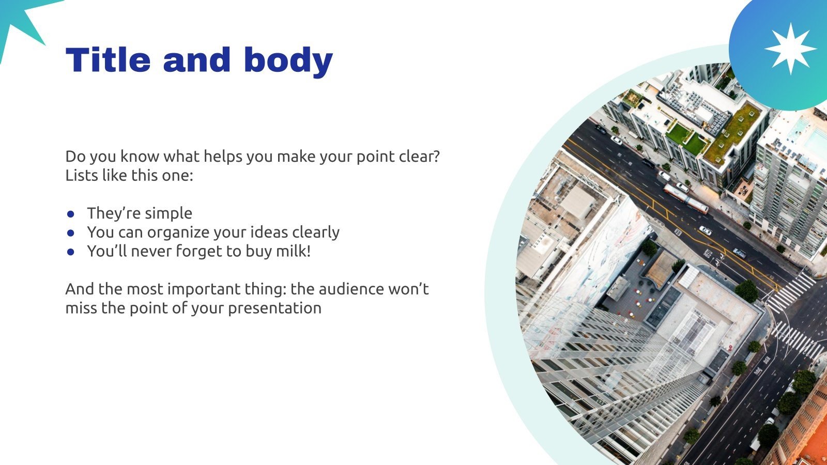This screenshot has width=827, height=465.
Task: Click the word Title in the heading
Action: click(108, 59)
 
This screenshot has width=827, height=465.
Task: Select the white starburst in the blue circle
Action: click(790, 49)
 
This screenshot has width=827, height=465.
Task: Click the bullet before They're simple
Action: click(70, 214)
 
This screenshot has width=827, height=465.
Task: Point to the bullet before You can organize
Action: click(70, 233)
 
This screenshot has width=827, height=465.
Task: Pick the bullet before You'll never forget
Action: click(70, 252)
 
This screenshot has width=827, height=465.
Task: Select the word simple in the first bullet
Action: click(169, 214)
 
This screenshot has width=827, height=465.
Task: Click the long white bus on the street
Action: click(686, 199)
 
